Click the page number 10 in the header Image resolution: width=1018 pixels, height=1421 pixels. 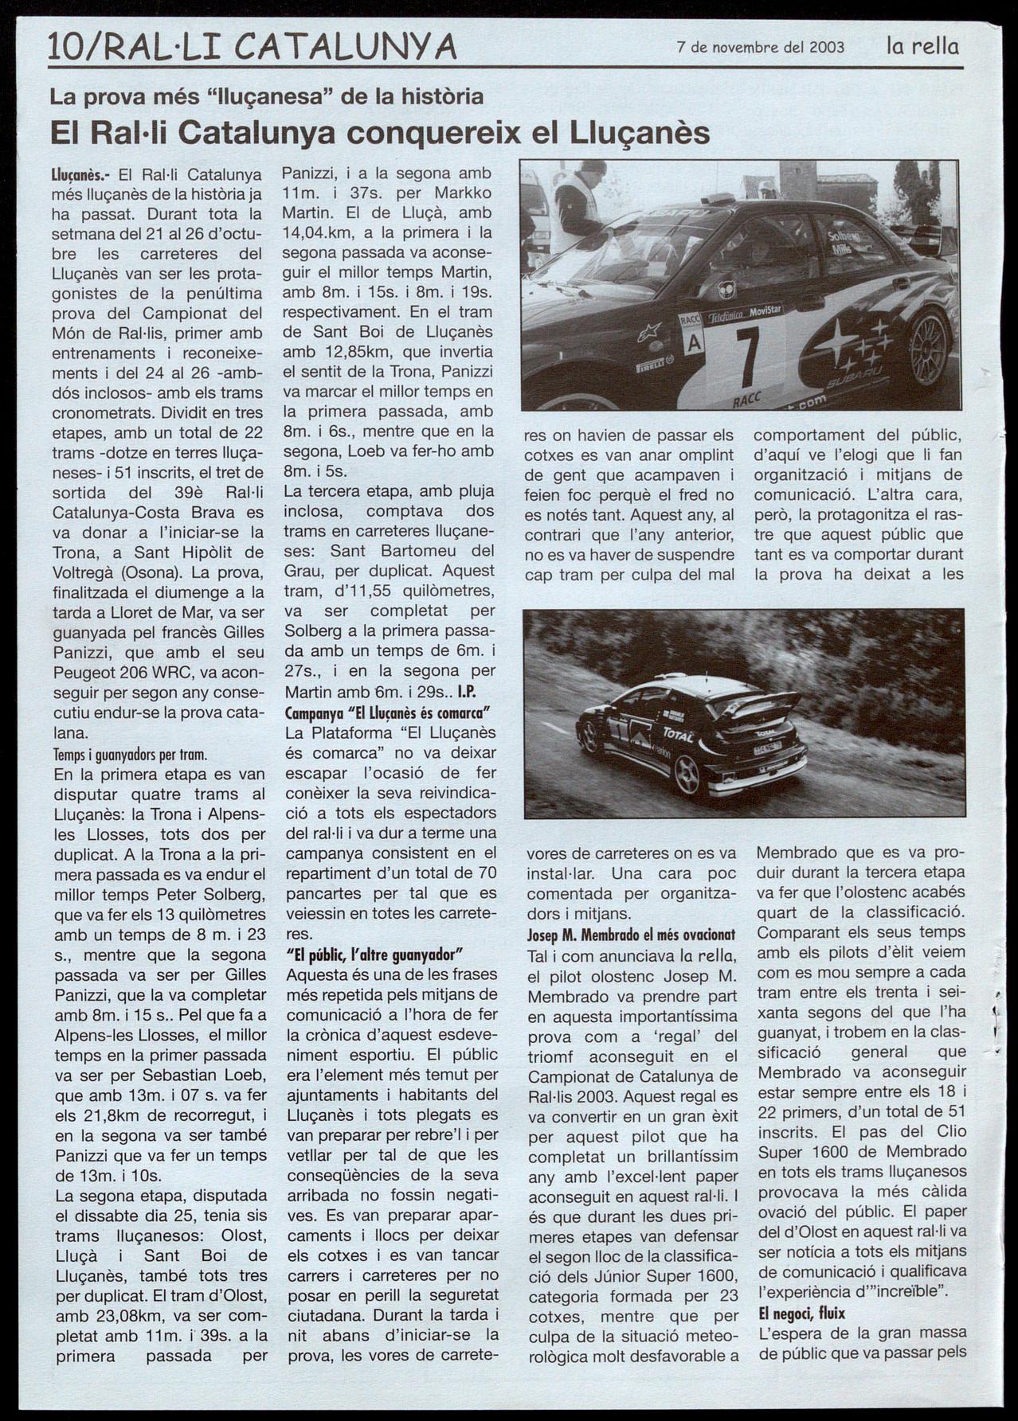(66, 47)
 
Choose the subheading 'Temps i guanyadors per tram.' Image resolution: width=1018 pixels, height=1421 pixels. (130, 753)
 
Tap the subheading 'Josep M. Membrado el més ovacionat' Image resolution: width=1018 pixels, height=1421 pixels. (631, 934)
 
